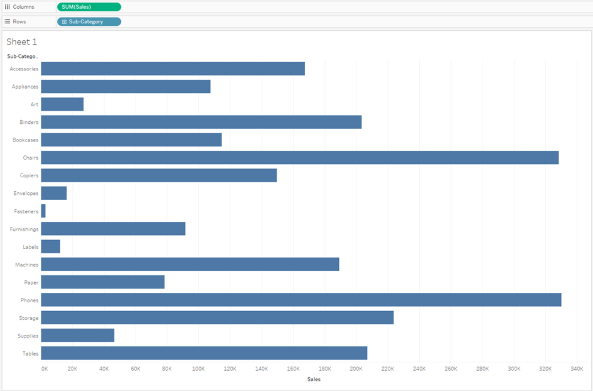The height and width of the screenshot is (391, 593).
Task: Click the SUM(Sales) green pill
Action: point(88,7)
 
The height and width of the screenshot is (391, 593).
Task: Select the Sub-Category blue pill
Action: point(88,21)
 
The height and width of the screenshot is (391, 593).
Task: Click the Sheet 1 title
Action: point(22,41)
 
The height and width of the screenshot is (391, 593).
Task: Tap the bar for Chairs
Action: point(299,158)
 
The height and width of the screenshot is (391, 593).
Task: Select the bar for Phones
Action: point(301,300)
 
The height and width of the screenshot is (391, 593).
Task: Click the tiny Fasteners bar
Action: point(43,211)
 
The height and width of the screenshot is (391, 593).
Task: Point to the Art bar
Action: point(62,104)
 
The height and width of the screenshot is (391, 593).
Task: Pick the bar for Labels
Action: point(51,247)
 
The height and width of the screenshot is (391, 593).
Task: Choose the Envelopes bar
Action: point(54,194)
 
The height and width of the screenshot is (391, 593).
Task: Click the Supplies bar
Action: point(78,336)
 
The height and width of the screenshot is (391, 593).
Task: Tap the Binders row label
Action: point(29,122)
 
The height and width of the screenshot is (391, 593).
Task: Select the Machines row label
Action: point(27,265)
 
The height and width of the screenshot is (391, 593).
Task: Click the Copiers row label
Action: point(29,175)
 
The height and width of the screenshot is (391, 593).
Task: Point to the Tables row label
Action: point(30,353)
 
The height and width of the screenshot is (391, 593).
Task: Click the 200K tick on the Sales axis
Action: point(356,369)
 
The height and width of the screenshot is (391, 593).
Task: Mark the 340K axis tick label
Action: point(577,369)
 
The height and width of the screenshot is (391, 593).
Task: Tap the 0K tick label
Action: point(44,369)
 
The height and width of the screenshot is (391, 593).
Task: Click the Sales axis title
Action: point(314,379)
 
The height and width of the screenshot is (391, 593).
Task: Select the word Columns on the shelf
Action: point(23,7)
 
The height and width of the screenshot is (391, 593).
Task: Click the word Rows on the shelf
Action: point(19,21)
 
